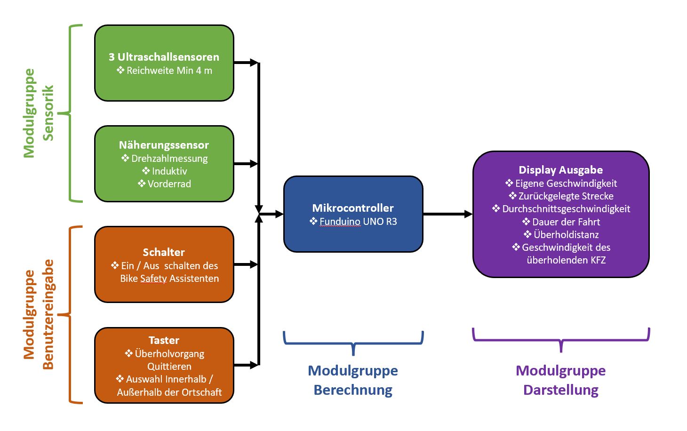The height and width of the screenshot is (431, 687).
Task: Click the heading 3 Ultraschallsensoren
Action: pos(164,57)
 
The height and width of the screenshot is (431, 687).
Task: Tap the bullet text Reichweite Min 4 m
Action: pos(169,71)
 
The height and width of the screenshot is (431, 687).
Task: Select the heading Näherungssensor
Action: pos(164,145)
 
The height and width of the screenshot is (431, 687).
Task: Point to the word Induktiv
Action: pos(169,171)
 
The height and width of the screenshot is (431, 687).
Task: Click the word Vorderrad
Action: pos(169,184)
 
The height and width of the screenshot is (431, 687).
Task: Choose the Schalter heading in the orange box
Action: pos(164,252)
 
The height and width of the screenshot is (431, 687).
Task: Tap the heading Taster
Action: pos(164,340)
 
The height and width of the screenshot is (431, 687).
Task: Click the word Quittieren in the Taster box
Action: pos(169,367)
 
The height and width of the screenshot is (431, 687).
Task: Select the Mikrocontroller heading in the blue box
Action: pos(353,208)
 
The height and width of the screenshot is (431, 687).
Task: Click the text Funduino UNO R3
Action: pos(358,222)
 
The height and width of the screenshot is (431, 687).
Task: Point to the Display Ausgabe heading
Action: pos(560,170)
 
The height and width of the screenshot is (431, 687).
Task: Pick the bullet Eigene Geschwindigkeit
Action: pos(566,184)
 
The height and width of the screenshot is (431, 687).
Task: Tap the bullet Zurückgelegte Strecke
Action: pos(566,196)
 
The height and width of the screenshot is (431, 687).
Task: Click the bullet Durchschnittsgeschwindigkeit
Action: pos(566,209)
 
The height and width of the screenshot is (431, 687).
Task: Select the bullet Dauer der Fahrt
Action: pos(566,222)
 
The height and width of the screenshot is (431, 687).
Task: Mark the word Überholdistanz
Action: pos(566,235)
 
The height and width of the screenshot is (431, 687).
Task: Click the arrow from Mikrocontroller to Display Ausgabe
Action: pos(447,214)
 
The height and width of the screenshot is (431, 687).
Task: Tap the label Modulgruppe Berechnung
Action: pos(353,380)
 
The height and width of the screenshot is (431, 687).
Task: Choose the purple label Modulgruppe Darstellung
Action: pos(560,380)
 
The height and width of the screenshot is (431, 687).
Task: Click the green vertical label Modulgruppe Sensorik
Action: pos(39,113)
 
